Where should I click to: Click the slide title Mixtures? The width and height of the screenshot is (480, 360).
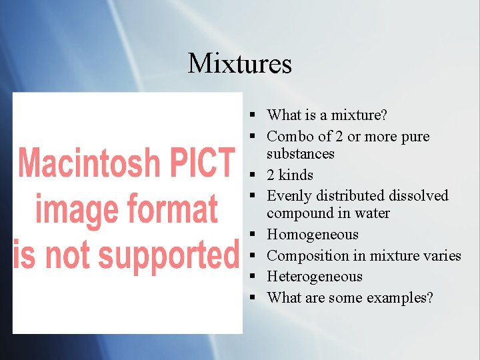[x=240, y=63]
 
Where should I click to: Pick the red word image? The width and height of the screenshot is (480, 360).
[x=75, y=209]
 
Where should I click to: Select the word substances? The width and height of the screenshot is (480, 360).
[x=301, y=154]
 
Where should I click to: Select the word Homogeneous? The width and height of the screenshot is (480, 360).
[x=313, y=235]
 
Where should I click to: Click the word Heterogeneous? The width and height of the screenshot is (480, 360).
[x=315, y=277]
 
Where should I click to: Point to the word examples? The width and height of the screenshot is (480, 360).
[x=399, y=298]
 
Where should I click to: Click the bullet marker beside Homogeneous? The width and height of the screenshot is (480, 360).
[x=255, y=235]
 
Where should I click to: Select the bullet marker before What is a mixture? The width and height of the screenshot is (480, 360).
[x=255, y=116]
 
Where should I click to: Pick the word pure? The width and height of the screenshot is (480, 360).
[x=415, y=137]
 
